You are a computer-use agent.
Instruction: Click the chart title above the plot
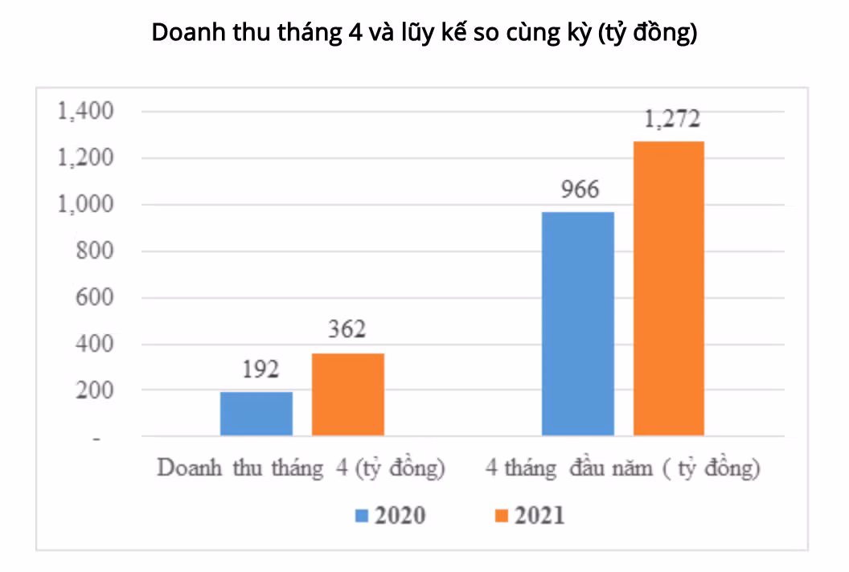pos(424,34)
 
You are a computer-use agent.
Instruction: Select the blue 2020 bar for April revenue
pos(256,414)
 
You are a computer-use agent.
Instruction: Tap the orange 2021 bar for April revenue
pos(347,394)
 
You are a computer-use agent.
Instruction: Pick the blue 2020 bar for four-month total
pos(577,324)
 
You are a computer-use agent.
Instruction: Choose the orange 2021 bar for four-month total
pos(669,288)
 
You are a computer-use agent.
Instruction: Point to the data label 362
pos(347,330)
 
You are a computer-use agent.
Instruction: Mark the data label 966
pos(578,190)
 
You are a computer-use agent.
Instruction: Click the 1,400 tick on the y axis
pos(86,112)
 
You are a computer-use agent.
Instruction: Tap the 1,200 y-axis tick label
pos(86,158)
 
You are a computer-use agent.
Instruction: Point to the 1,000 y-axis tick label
pos(86,205)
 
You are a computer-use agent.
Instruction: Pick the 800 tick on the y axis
pos(95,251)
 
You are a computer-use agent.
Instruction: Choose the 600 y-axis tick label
pos(95,298)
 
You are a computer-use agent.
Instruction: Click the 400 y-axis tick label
pos(95,345)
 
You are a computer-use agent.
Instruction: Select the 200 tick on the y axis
pos(95,391)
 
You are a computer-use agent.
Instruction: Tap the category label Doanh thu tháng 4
pos(301,468)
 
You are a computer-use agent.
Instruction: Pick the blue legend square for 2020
pos(361,516)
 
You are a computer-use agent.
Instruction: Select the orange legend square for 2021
pos(501,516)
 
